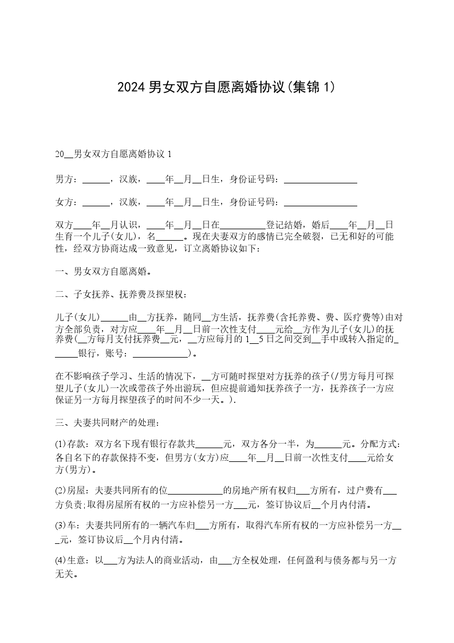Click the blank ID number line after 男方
pos(321,181)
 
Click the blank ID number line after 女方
pos(321,203)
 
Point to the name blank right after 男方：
pos(96,181)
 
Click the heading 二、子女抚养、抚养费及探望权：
pos(121,295)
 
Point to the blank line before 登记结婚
pos(243,225)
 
